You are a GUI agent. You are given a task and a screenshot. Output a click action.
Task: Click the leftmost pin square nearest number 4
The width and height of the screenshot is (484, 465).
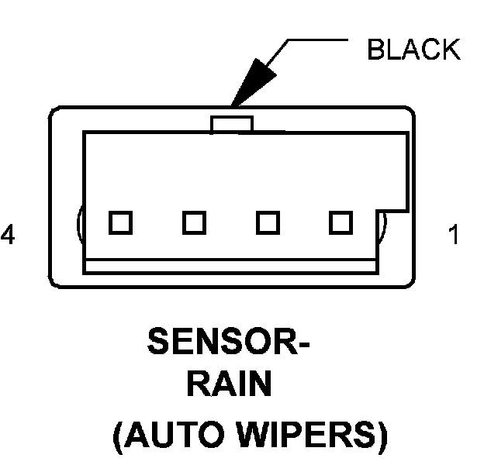click(119, 222)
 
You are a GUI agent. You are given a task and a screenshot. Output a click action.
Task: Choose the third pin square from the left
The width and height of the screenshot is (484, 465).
click(268, 222)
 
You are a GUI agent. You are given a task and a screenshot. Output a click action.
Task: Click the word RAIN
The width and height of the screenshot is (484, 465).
click(229, 385)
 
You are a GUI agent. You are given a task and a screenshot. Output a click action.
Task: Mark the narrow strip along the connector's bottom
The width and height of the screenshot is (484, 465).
click(230, 266)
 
